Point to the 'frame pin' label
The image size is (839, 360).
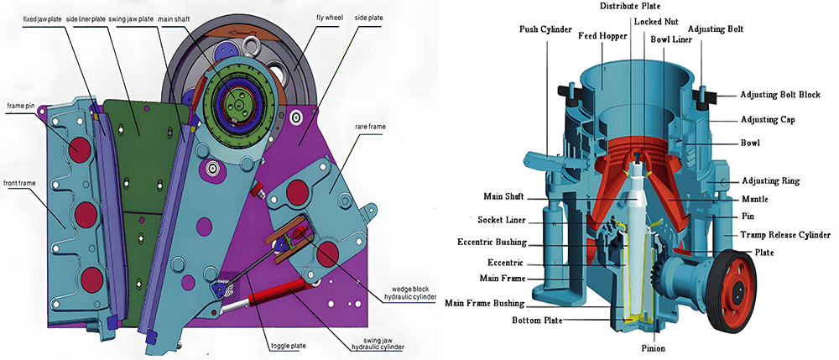click(x=23, y=107)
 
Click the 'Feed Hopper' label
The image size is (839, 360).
click(x=602, y=36)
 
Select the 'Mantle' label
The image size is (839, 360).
click(x=755, y=199)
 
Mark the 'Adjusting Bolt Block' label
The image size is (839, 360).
click(x=780, y=95)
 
